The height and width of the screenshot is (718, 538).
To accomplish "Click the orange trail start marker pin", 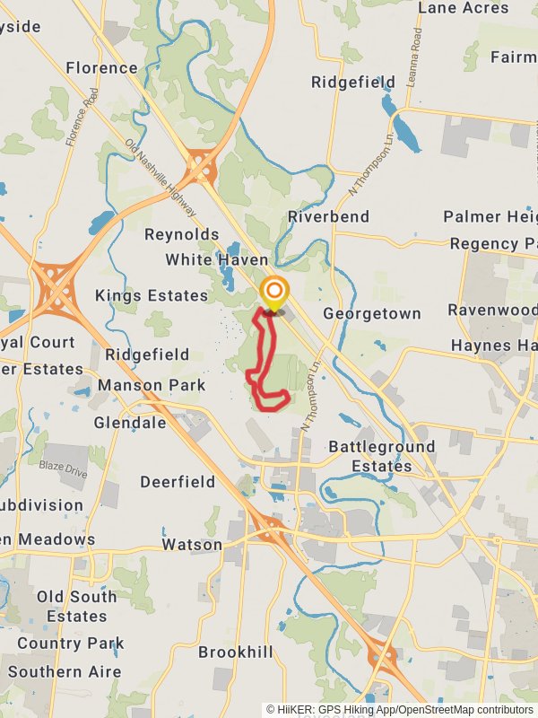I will pos(274,293).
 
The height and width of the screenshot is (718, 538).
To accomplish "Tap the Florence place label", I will pos(101,67).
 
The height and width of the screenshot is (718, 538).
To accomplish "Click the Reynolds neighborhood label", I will pos(182,234).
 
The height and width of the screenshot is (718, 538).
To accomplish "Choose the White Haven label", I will pos(216,260).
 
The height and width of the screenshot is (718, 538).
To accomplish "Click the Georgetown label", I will pos(371,314).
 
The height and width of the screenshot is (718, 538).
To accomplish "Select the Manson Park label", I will pos(152,386).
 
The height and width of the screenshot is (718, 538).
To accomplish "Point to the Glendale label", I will pos(130,423).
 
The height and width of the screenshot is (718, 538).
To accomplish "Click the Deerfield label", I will pos(178,482).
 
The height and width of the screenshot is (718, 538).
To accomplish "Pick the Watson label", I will pos(192,545).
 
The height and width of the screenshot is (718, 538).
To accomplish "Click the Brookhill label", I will pos(234,652).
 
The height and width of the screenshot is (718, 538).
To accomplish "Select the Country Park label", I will pos(70,644).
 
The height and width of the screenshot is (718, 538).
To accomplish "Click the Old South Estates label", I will pos(77,607).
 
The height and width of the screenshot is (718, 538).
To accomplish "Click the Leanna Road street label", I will pos(414,53).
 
